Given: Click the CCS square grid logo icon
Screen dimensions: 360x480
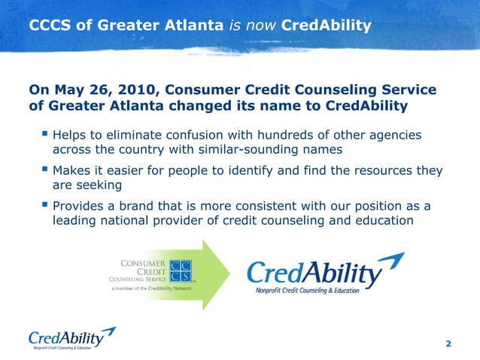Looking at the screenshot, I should [x=181, y=271].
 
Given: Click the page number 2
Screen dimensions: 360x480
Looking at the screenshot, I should [x=448, y=344].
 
